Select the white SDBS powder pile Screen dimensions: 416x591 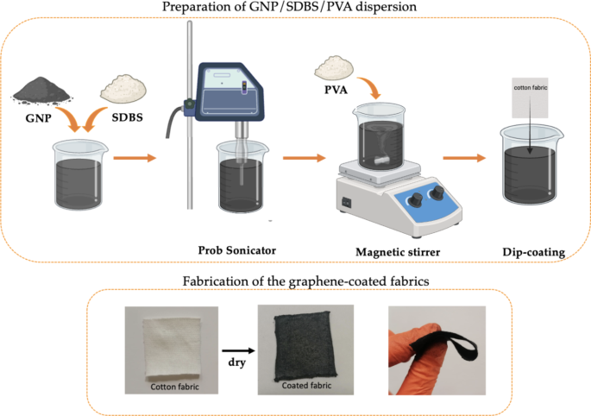pos(121,88)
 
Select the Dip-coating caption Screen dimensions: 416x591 pos(533,252)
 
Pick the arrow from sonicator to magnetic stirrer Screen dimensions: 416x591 pos(304,158)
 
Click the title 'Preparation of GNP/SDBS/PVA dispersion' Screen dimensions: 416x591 pos(295,8)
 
